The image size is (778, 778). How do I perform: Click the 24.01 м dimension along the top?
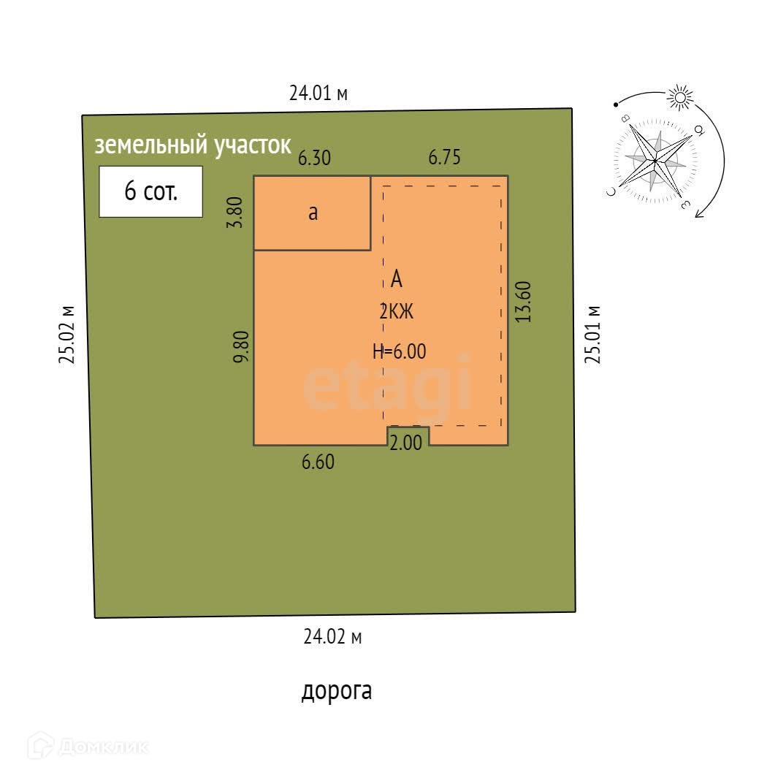point(319,94)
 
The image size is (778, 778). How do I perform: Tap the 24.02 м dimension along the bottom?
point(332,637)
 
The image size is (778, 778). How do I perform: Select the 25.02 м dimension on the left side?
point(67,333)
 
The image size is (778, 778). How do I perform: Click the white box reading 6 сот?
point(150,191)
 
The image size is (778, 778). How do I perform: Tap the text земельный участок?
point(193,145)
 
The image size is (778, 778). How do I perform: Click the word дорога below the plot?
point(337,690)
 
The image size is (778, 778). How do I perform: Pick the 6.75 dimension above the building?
point(444,158)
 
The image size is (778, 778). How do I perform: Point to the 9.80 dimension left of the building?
point(242,346)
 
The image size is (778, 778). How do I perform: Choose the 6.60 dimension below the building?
point(318,462)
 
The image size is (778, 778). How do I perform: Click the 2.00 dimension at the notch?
point(405,443)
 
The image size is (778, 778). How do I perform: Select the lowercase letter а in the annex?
point(313,213)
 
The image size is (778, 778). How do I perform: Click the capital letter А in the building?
point(397,278)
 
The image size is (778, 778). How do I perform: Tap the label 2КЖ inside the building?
point(397,312)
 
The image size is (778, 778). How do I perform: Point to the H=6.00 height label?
point(399,351)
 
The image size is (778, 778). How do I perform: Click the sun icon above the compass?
point(680,97)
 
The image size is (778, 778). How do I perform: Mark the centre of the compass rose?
point(655,159)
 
